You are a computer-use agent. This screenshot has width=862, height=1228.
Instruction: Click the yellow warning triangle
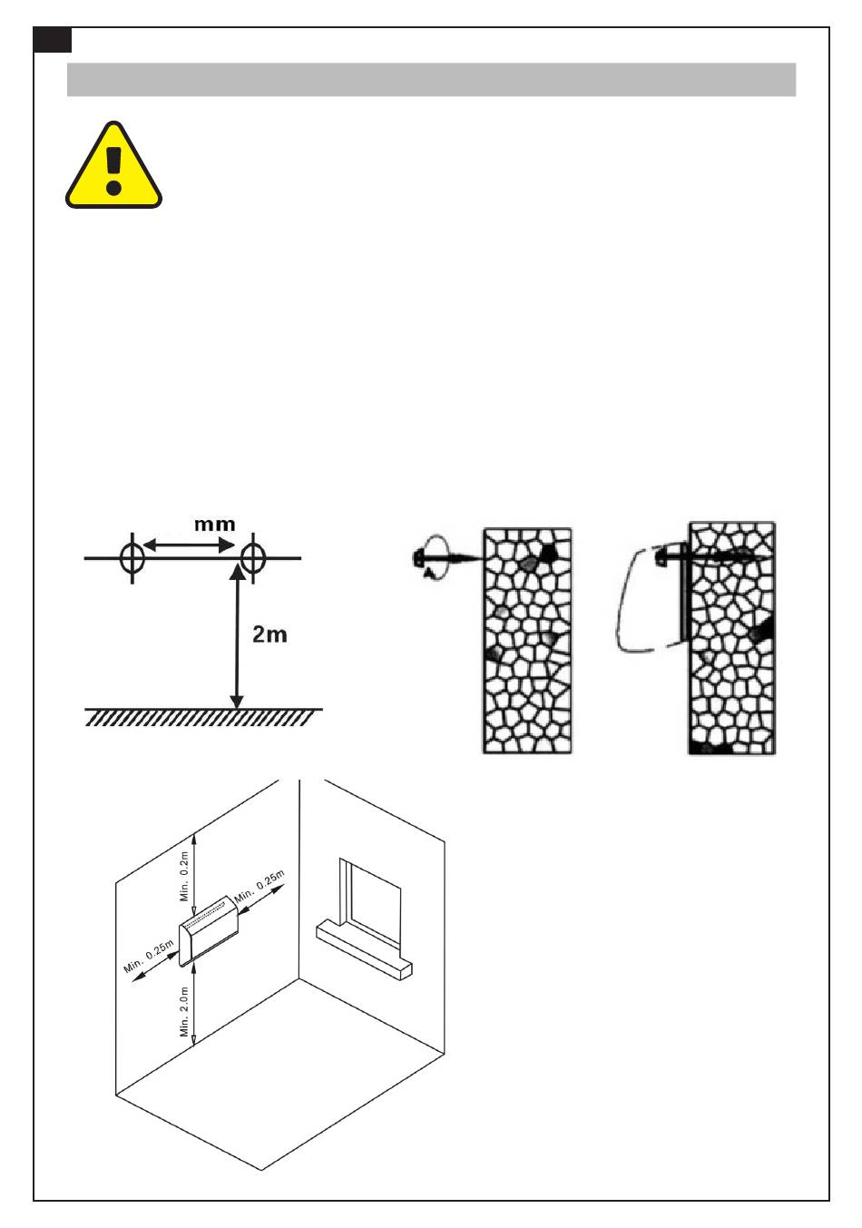click(x=113, y=165)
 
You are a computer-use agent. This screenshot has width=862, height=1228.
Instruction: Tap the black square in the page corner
click(x=53, y=39)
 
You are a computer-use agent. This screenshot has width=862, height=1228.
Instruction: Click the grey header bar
click(x=431, y=80)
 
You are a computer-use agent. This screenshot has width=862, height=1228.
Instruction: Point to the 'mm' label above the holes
click(x=215, y=524)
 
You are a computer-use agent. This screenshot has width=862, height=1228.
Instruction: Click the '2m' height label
click(x=269, y=634)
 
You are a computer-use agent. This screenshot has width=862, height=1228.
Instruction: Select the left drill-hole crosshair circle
click(x=132, y=558)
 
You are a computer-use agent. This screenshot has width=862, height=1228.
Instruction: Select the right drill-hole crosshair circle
click(x=252, y=558)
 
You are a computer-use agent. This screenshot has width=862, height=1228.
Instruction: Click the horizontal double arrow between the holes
click(x=189, y=545)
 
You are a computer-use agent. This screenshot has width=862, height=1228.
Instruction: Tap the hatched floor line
click(x=203, y=716)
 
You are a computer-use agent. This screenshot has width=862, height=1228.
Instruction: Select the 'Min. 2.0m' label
click(x=184, y=1011)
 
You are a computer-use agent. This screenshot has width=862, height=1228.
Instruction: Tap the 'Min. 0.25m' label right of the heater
click(x=260, y=886)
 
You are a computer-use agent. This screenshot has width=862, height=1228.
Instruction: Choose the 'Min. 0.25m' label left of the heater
click(x=149, y=956)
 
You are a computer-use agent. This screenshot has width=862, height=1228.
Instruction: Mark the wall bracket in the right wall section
click(x=683, y=592)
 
